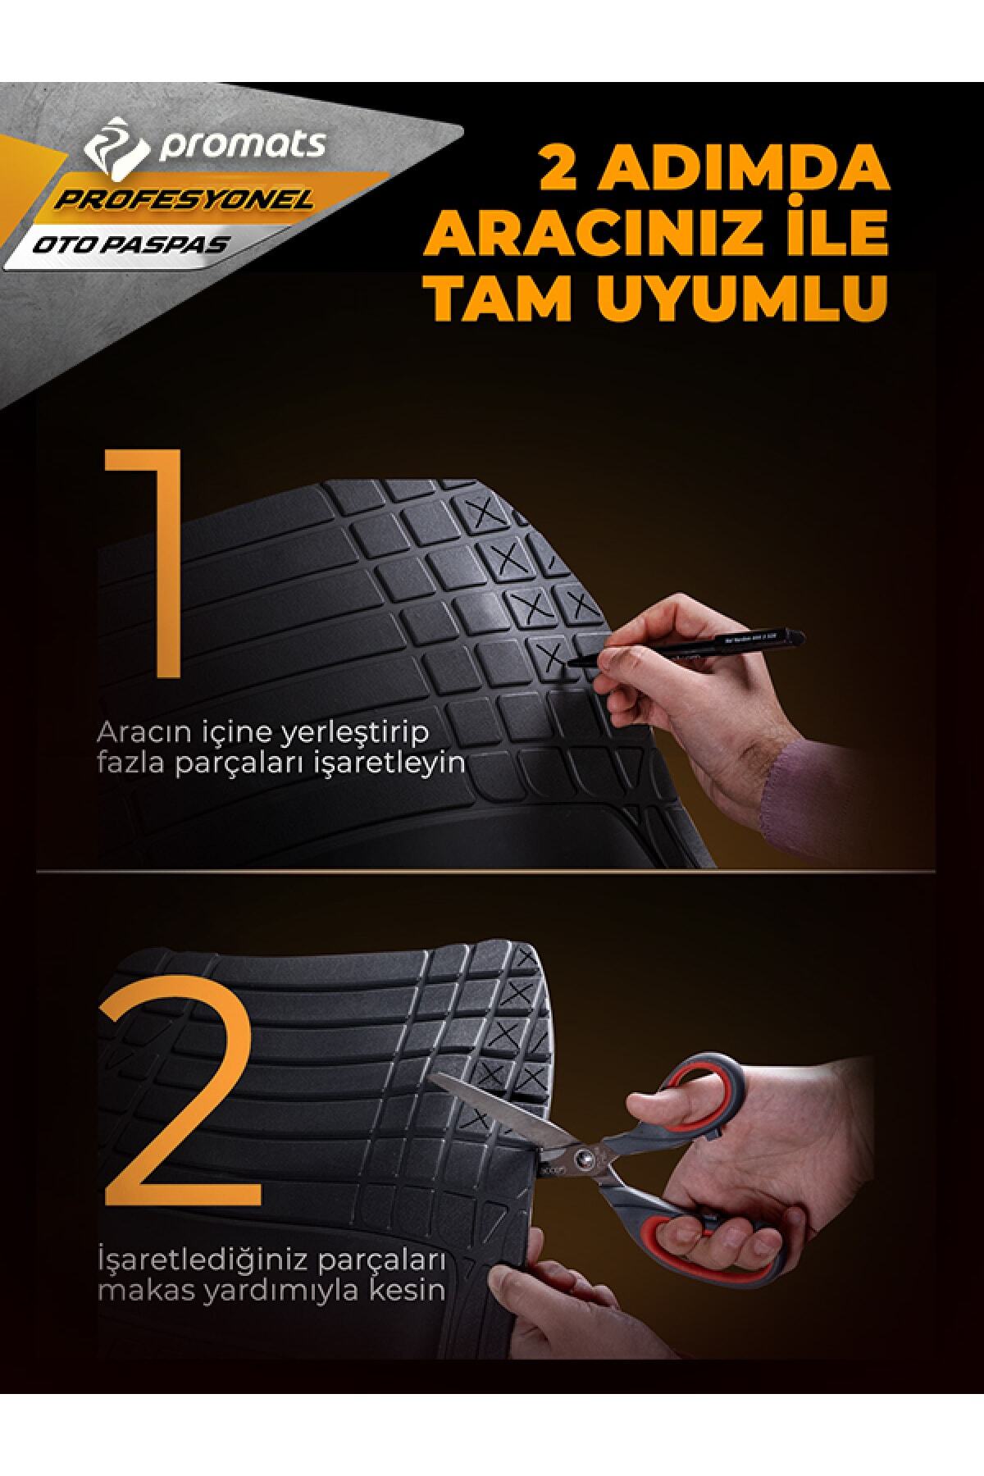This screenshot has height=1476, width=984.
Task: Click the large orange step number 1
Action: click(141, 563)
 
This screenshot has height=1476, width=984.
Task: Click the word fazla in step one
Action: click(124, 765)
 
